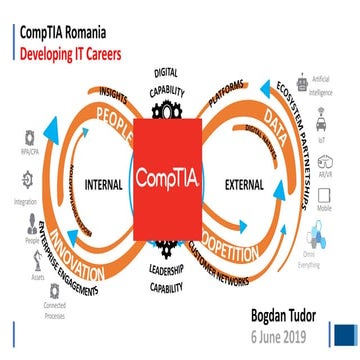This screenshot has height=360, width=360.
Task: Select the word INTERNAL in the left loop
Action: tap(103, 185)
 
